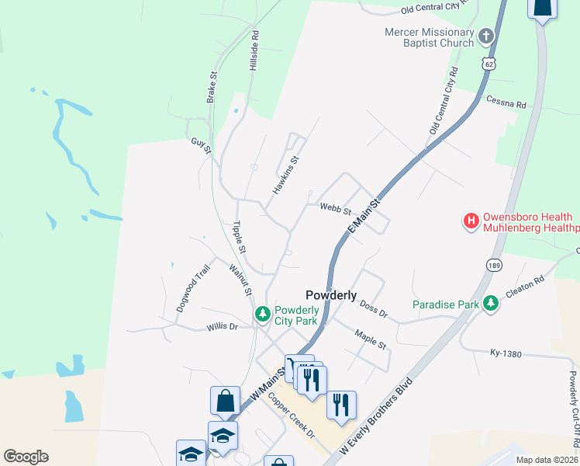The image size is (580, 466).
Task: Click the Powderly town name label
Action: coord(331,295)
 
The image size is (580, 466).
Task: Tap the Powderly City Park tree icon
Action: coord(263,314)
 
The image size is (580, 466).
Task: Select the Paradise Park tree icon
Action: coord(490,303)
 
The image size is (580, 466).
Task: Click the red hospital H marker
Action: coord(471,222)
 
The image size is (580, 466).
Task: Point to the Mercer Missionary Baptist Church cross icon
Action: coord(486,36)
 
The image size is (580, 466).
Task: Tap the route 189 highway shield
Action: coord(494,265)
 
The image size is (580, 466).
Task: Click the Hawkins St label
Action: coord(285,176)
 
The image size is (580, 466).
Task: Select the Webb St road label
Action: coord(336,209)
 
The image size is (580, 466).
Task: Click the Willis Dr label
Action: coord(222,327)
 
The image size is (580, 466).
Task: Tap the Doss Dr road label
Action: coord(373,311)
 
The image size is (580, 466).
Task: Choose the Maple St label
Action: coord(370,339)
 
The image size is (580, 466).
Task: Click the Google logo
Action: coord(26,457)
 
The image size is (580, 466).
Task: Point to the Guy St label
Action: coord(201,144)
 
